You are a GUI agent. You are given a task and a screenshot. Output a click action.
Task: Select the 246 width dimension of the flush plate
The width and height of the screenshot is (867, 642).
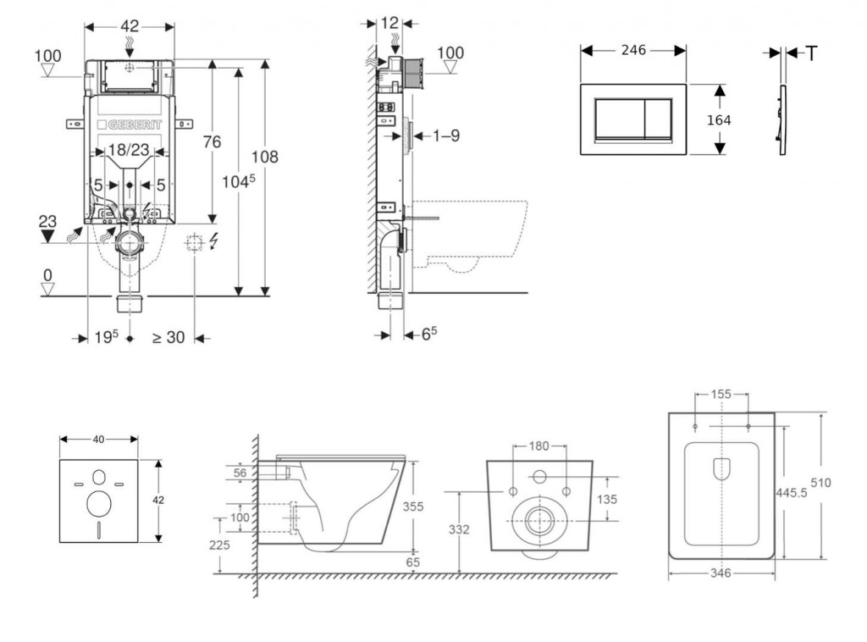[x=632, y=50]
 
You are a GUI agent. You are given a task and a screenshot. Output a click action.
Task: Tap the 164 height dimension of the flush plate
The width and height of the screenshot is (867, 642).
[x=719, y=119]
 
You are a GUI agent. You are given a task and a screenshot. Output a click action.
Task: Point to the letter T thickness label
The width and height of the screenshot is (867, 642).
[x=811, y=53]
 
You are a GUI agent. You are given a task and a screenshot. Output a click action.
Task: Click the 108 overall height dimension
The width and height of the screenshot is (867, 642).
[x=265, y=157]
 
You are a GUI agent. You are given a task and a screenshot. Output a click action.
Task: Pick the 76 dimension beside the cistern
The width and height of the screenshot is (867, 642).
[x=211, y=141]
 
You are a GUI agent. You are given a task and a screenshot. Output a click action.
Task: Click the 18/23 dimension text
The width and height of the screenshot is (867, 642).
[x=130, y=151]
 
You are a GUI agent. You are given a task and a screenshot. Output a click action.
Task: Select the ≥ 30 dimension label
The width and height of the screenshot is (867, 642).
[x=168, y=337]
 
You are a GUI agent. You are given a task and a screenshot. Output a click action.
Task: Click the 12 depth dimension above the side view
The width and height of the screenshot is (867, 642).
[x=389, y=23]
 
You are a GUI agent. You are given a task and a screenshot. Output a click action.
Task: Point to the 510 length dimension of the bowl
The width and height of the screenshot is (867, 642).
[x=820, y=483]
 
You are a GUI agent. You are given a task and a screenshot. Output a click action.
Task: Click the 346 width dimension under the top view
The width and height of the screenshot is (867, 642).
[x=721, y=573]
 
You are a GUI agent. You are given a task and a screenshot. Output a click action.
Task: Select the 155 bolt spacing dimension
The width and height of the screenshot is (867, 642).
[x=721, y=394]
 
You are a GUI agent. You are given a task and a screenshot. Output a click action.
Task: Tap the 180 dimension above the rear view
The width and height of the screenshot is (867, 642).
[x=538, y=446]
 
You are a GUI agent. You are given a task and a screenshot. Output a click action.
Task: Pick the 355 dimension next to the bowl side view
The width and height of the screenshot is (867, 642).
[x=412, y=506]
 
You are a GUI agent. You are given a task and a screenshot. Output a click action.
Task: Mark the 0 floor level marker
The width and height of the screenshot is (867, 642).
[x=48, y=275]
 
